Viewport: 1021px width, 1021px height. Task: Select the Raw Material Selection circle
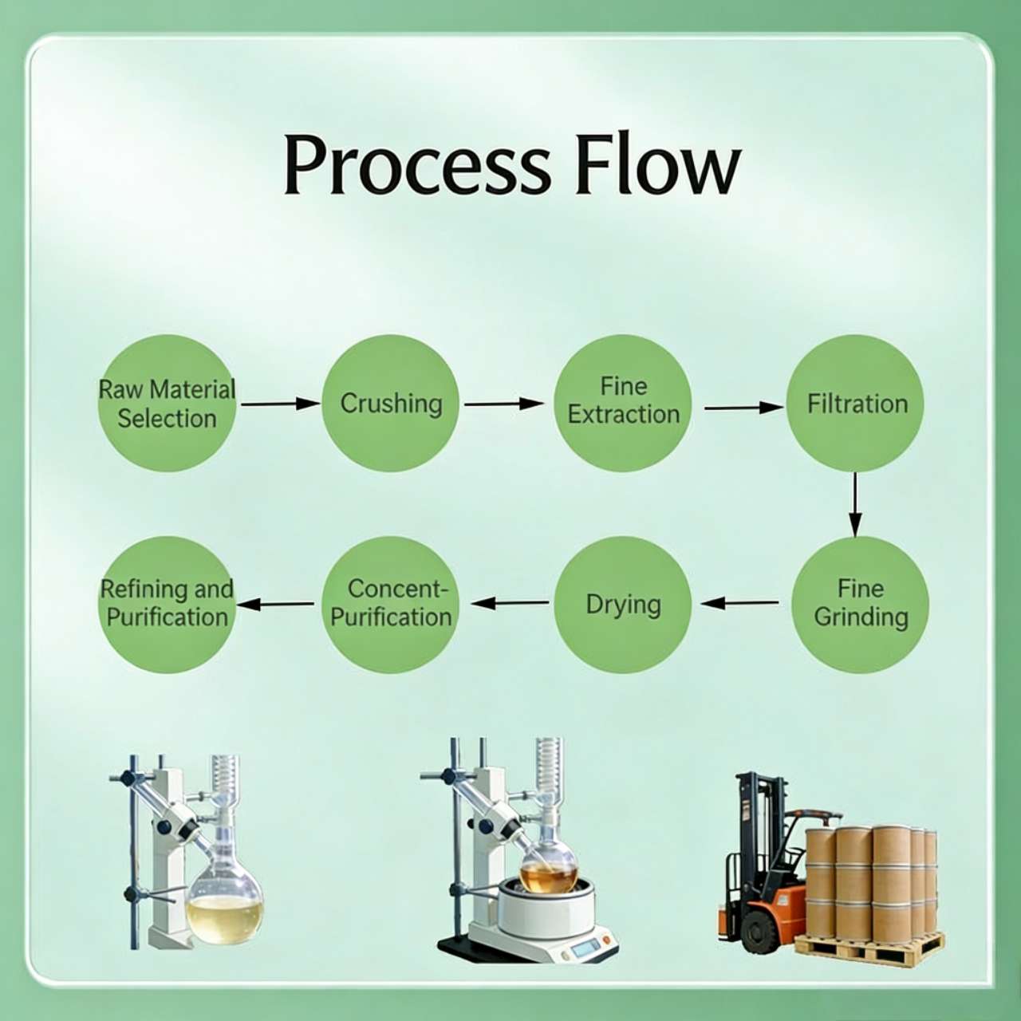tap(167, 404)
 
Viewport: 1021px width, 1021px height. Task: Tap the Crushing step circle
tap(391, 404)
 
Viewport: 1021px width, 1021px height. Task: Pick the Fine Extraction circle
tap(623, 403)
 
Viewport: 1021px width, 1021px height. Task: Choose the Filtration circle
tap(856, 403)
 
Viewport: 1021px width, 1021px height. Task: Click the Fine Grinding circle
tap(861, 604)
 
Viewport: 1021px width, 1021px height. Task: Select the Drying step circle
tap(623, 604)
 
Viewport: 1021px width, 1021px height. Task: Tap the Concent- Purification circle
tap(391, 604)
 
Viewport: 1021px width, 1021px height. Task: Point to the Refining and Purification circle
tap(167, 604)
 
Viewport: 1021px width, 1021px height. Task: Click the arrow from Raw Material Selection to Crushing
tap(279, 404)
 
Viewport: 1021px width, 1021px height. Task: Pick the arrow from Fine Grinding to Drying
tap(740, 603)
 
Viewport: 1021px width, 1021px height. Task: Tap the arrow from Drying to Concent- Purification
tap(510, 603)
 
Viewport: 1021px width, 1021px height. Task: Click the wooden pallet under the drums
tap(869, 949)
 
